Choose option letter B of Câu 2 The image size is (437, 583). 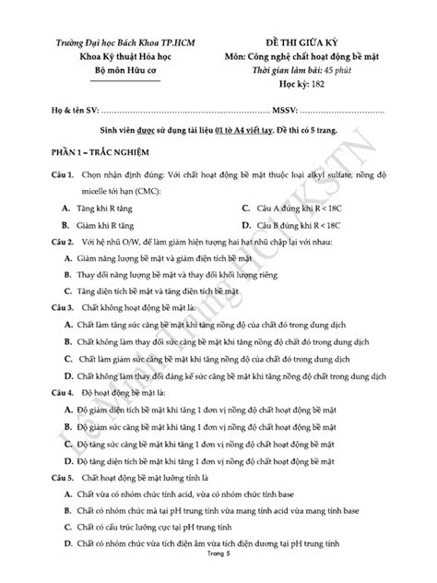click(55, 274)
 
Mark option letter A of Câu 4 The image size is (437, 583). click(55, 409)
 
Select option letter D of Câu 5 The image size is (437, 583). click(55, 546)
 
